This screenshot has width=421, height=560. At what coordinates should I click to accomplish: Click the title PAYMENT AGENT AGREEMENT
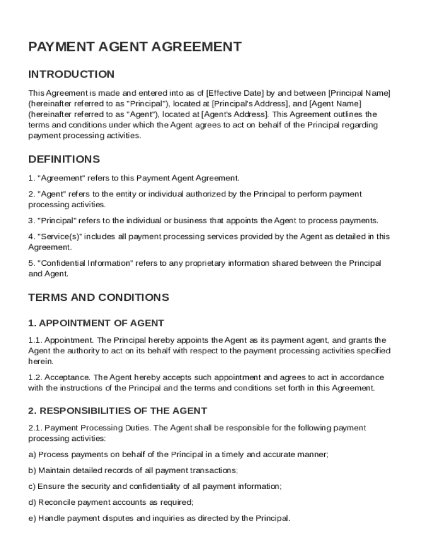point(135,47)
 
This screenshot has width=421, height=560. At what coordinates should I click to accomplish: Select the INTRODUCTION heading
point(71,74)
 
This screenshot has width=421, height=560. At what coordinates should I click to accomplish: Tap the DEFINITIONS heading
point(64,160)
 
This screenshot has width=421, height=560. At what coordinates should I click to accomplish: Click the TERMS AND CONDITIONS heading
point(98,297)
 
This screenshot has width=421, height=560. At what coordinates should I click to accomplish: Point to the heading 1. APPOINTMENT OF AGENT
point(96,323)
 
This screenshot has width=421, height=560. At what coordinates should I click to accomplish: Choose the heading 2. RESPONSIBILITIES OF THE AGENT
point(118,411)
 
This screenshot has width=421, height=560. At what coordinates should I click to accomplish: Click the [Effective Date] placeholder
point(235,93)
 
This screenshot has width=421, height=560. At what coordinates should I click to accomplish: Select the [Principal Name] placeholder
point(359,93)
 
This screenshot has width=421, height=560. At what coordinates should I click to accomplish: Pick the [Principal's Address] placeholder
point(250,103)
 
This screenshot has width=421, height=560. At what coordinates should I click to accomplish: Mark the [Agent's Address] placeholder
point(235,114)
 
